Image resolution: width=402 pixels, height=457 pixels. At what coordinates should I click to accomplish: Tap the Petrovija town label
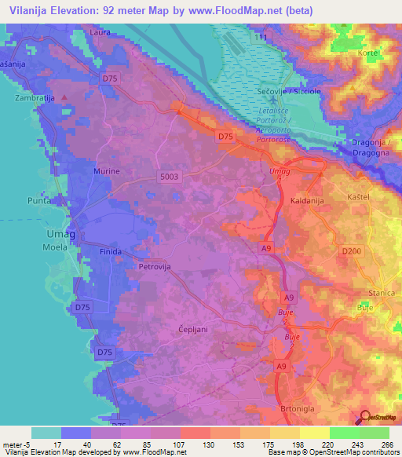pyautogui.click(x=155, y=266)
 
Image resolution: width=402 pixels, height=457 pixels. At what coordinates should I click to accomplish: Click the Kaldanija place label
pyautogui.click(x=312, y=199)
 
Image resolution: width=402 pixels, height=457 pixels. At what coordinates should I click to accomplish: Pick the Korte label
pyautogui.click(x=368, y=53)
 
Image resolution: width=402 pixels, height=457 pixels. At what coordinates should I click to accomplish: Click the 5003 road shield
pyautogui.click(x=170, y=177)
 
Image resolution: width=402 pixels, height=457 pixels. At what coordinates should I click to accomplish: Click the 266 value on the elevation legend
pyautogui.click(x=385, y=445)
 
